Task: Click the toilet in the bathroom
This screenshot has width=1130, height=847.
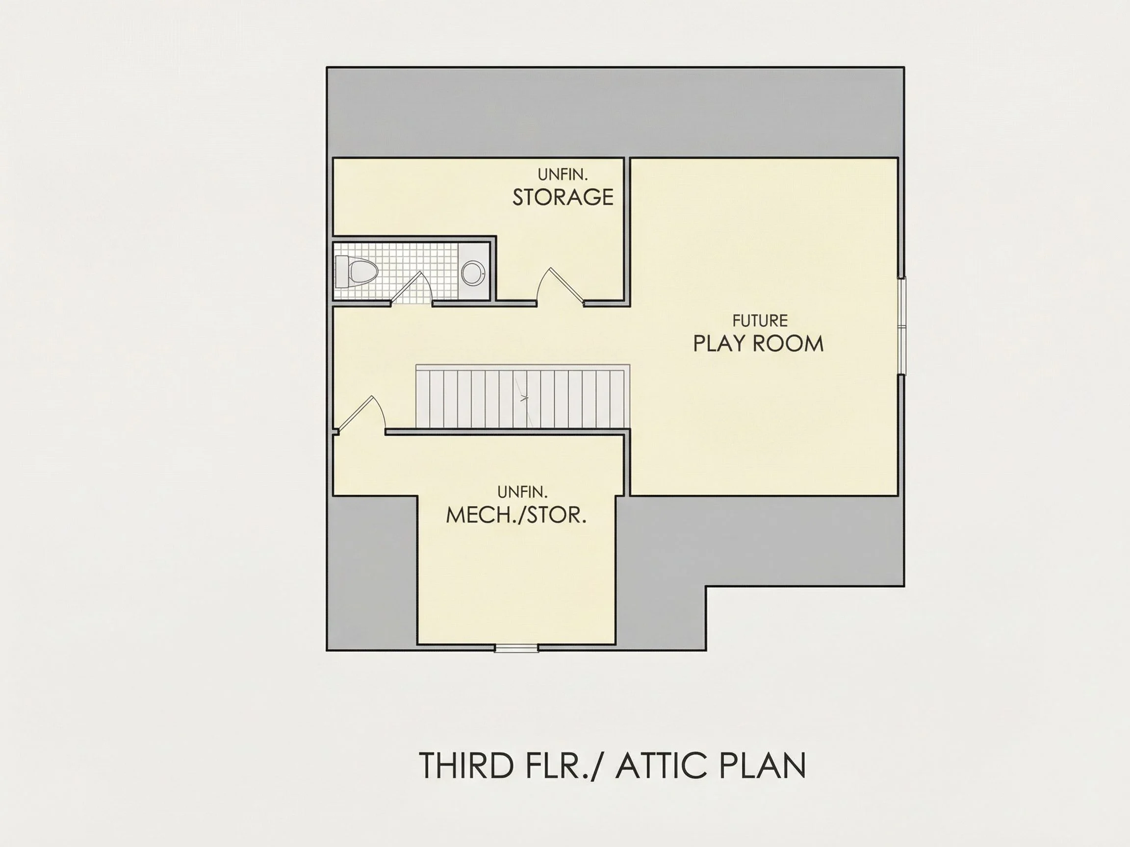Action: tap(356, 272)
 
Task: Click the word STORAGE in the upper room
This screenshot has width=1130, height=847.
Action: tap(563, 197)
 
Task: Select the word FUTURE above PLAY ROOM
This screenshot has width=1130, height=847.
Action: tap(760, 321)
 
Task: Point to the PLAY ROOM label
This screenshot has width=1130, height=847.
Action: tap(759, 344)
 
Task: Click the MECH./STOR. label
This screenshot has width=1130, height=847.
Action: tap(516, 516)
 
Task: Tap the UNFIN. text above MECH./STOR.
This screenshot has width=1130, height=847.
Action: tap(522, 492)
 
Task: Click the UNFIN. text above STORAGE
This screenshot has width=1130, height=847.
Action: tap(563, 174)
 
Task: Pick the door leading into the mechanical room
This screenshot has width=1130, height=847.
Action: tap(360, 415)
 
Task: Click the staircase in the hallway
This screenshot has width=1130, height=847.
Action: tap(523, 397)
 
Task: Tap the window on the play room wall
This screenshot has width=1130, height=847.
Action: tap(901, 326)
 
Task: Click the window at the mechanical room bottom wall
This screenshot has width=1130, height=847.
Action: tap(516, 648)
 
